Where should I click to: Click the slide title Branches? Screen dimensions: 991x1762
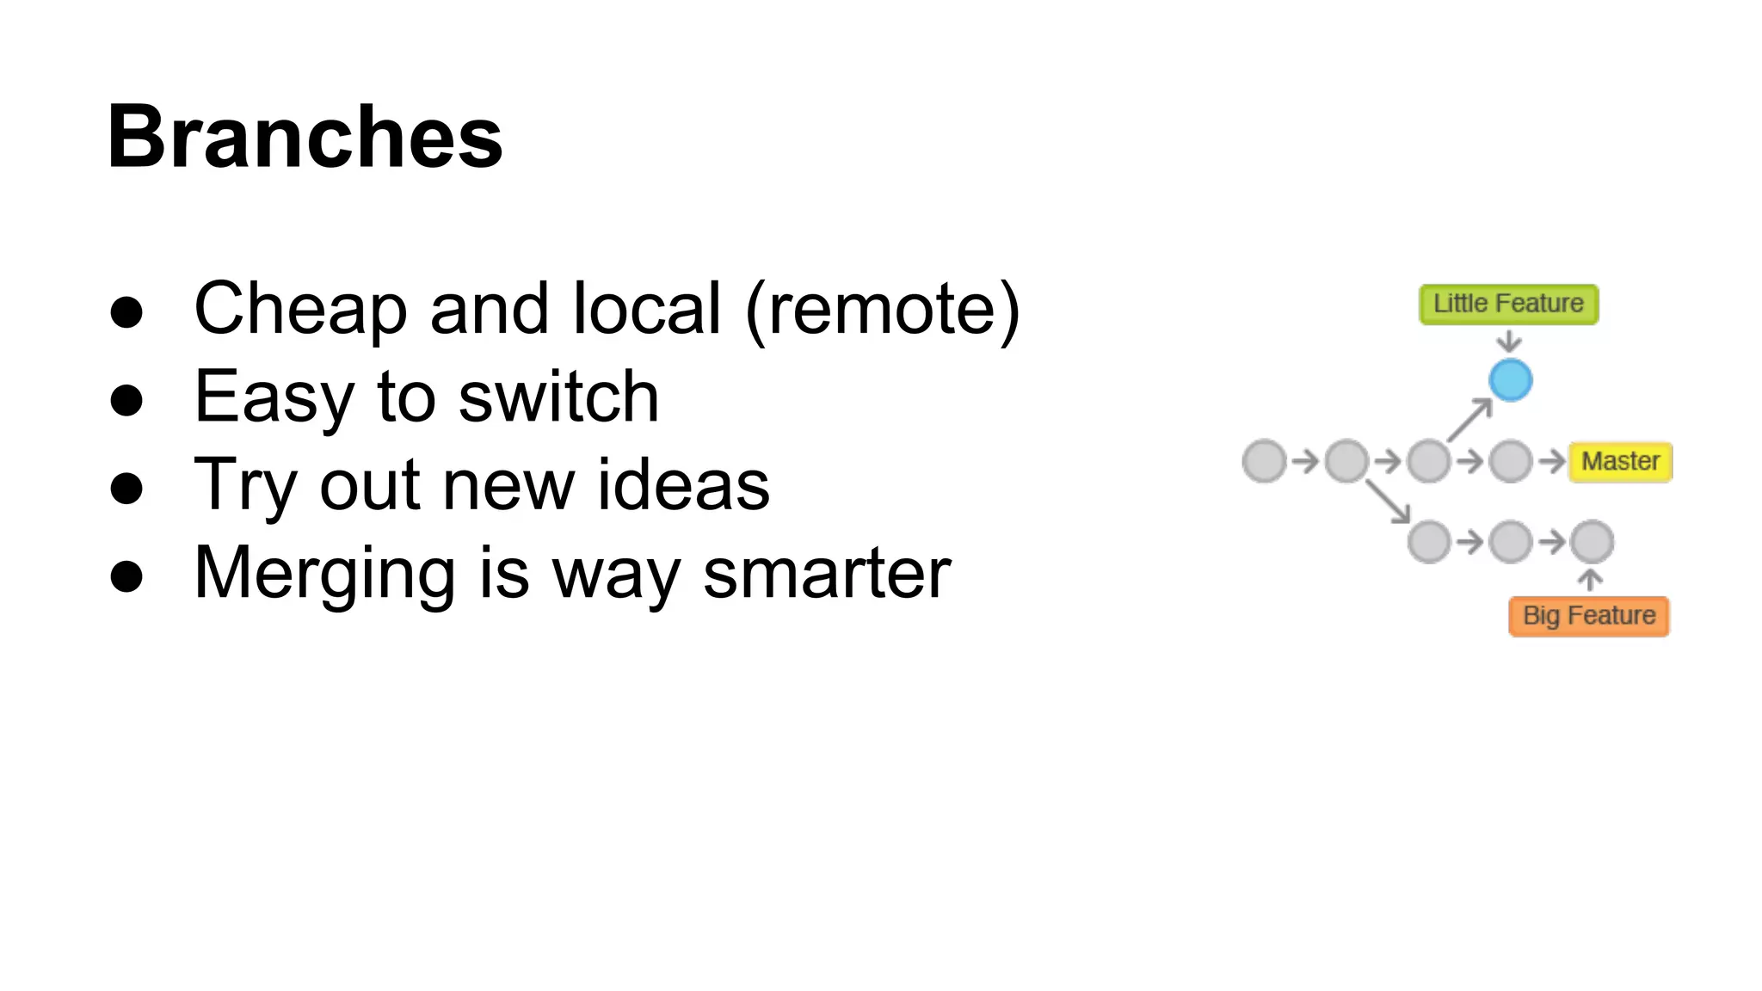pyautogui.click(x=305, y=138)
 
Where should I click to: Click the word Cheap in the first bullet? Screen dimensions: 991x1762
pyautogui.click(x=300, y=310)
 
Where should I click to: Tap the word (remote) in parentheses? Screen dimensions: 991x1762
pyautogui.click(x=883, y=310)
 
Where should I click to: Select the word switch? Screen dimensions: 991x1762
pyautogui.click(x=559, y=397)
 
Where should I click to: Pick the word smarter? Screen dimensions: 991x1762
pyautogui.click(x=827, y=573)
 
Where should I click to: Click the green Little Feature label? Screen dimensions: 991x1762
pyautogui.click(x=1508, y=304)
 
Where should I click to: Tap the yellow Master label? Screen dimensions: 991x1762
pyautogui.click(x=1620, y=461)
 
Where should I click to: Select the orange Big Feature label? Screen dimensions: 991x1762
pyautogui.click(x=1589, y=616)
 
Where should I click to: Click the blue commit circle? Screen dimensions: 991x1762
pyautogui.click(x=1510, y=380)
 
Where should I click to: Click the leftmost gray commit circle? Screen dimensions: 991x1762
pyautogui.click(x=1264, y=461)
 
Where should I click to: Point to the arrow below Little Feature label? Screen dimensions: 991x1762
pyautogui.click(x=1508, y=342)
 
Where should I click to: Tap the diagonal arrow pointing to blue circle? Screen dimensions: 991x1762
pyautogui.click(x=1469, y=420)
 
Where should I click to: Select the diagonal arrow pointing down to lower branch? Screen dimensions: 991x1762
pyautogui.click(x=1387, y=502)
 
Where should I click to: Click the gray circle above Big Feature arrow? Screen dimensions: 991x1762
pyautogui.click(x=1592, y=542)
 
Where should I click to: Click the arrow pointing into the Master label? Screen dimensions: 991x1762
pyautogui.click(x=1551, y=461)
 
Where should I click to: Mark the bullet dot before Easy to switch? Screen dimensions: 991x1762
pyautogui.click(x=126, y=400)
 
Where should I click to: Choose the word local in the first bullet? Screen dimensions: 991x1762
pyautogui.click(x=647, y=310)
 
